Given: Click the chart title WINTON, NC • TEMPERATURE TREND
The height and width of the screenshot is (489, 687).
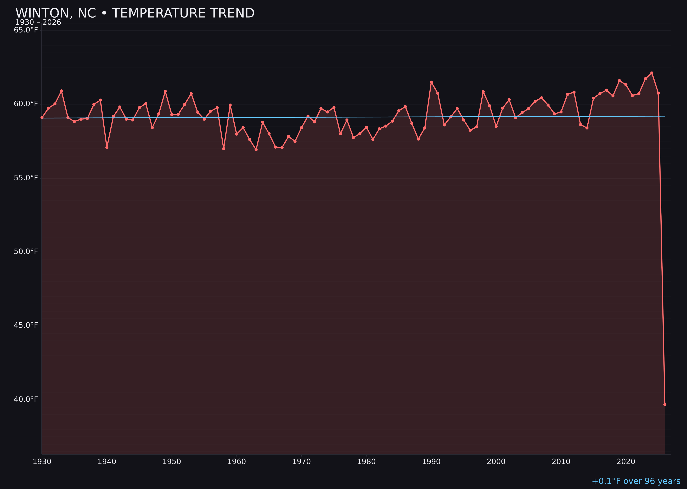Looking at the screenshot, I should coord(135,13).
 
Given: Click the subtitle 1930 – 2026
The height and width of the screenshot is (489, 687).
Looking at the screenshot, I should coord(38,23).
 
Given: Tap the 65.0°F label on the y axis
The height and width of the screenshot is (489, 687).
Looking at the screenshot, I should coord(26,30).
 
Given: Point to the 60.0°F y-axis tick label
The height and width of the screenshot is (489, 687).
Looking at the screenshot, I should coord(26,104).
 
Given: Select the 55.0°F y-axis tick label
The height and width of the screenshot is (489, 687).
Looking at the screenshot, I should coord(26,178).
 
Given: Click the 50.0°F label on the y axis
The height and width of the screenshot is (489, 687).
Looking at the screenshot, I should coord(26,252).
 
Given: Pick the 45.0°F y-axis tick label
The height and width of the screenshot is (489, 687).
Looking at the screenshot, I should coord(26,325).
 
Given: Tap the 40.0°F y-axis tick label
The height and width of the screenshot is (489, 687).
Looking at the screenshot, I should coord(26,400).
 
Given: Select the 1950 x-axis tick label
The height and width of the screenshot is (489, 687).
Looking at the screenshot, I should coord(172,462).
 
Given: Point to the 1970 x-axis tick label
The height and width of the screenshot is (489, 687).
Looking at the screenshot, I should coord(301,462).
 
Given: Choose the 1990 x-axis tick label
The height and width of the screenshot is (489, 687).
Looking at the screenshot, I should coord(431,462).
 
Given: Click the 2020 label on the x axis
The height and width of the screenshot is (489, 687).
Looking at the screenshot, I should coord(626,462).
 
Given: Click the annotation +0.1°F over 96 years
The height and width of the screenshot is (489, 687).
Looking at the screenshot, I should coord(636,481).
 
